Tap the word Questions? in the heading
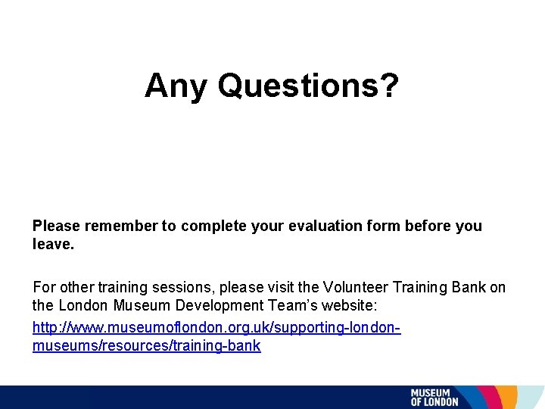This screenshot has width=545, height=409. point(308,86)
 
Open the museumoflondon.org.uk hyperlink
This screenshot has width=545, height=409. point(216,329)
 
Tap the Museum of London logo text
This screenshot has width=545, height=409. point(434,398)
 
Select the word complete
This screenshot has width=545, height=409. point(204,226)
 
